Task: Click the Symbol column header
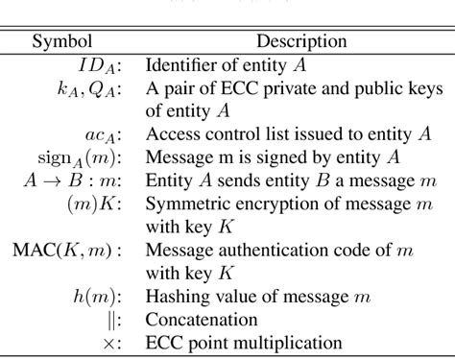coord(63,41)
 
